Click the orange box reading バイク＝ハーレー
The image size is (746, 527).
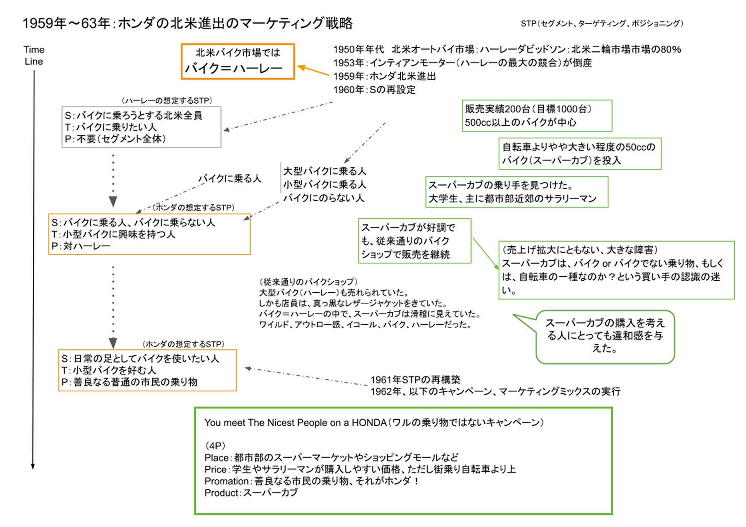point(238,61)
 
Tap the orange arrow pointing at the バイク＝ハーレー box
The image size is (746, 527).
point(313,70)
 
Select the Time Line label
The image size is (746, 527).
point(34,56)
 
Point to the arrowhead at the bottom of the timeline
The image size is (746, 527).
point(33,466)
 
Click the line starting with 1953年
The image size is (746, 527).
point(463,63)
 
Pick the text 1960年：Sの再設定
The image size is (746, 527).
point(374,90)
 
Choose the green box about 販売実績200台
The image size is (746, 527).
point(537,116)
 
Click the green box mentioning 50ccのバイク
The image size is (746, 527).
point(580,154)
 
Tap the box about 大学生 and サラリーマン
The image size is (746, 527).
point(517,192)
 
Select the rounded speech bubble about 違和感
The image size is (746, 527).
point(605,337)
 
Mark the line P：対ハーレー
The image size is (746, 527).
point(81,246)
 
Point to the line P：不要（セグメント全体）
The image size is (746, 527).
point(115,139)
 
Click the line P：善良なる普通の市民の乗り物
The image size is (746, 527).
point(129,382)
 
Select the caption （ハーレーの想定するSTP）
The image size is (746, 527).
point(167,100)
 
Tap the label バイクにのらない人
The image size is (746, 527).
point(324,198)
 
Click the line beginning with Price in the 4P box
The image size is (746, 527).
point(360,469)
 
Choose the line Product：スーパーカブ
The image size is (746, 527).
point(251,493)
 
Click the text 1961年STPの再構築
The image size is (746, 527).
point(415,379)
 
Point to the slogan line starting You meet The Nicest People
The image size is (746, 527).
point(374,423)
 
